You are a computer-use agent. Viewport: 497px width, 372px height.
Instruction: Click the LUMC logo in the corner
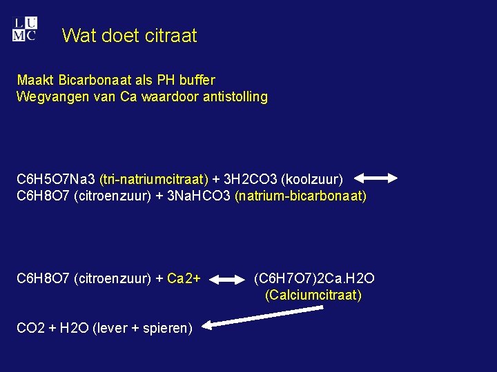coord(24,30)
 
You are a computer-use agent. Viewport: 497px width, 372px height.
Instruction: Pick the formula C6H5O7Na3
coord(56,179)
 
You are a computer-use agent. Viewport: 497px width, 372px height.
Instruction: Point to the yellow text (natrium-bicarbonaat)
coord(300,196)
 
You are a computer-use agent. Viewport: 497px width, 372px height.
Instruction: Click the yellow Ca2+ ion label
coord(184,278)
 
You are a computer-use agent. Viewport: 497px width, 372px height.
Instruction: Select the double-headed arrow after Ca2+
coord(226,280)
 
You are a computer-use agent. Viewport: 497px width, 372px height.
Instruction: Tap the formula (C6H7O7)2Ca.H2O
coord(314,278)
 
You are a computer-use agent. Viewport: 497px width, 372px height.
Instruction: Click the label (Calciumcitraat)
coord(313,296)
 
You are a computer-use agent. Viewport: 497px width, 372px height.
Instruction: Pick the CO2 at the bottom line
coord(30,328)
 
